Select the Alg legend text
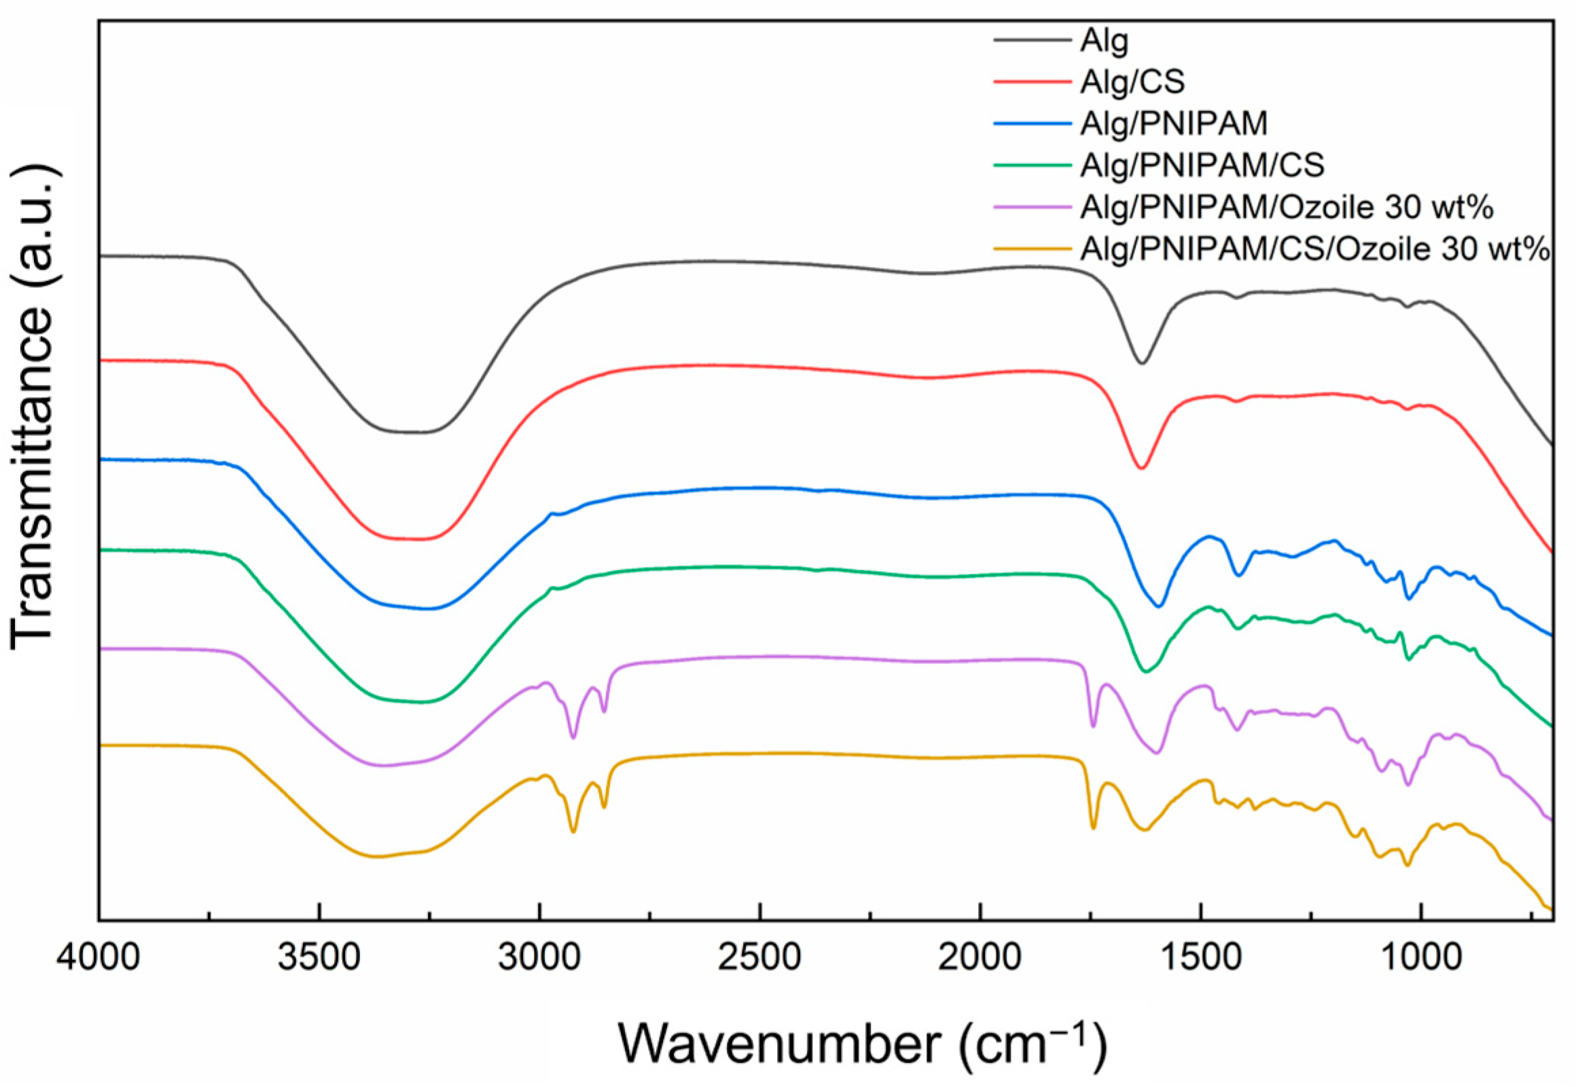(1104, 41)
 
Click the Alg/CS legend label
(1132, 82)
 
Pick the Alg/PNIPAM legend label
(1174, 124)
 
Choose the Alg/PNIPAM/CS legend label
(1202, 166)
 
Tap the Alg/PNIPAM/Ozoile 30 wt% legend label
(1287, 207)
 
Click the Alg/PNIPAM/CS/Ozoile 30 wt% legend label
(1315, 249)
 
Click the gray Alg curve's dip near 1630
(1142, 363)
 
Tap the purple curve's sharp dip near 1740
(1094, 726)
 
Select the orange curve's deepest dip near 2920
(573, 832)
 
